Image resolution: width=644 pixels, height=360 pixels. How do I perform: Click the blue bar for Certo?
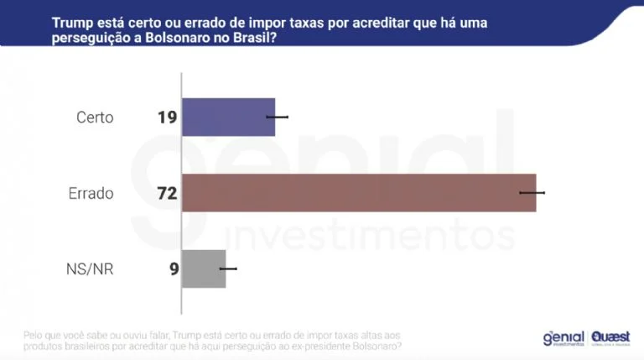point(228,117)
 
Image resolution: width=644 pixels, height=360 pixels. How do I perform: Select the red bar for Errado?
point(358,192)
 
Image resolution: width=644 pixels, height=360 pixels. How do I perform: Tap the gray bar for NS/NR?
point(204,269)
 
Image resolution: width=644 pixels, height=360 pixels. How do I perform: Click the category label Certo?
point(95,117)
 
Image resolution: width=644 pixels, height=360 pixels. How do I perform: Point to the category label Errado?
point(91,193)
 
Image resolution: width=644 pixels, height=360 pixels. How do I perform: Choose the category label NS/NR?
point(90,269)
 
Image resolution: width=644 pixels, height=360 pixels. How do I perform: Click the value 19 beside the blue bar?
point(167,117)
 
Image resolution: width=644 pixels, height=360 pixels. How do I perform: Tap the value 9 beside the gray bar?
point(173,269)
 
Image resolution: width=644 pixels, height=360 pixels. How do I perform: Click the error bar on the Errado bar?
point(532,193)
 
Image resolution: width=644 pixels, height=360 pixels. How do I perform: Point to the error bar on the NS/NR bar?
point(227,269)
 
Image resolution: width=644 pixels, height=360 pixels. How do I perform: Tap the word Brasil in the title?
point(255,38)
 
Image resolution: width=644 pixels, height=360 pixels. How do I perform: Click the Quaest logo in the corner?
point(610,337)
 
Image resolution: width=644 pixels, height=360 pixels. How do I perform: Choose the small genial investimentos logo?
point(563,337)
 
